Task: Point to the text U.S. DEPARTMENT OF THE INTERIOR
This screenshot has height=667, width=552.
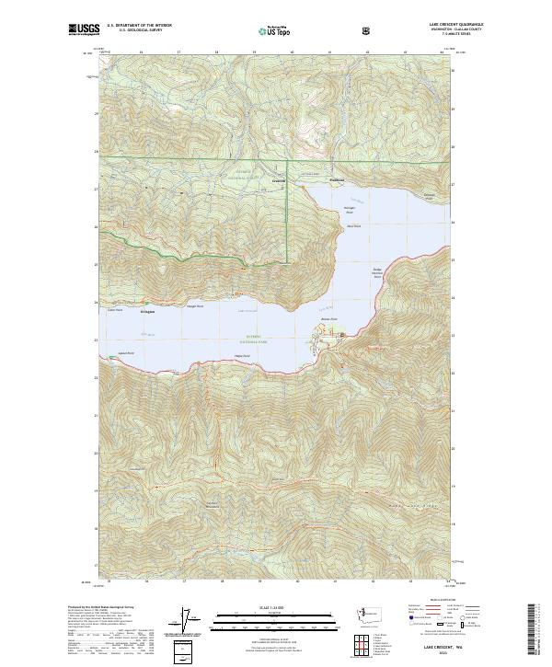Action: (x=140, y=26)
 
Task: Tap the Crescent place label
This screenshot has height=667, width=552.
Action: (x=279, y=180)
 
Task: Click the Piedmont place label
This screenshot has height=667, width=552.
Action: (x=337, y=179)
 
